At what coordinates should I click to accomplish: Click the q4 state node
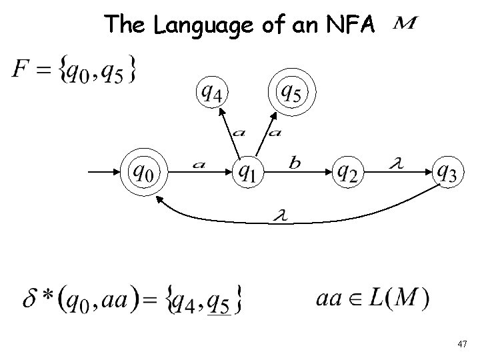click(211, 93)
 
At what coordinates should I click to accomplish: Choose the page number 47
click(463, 343)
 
